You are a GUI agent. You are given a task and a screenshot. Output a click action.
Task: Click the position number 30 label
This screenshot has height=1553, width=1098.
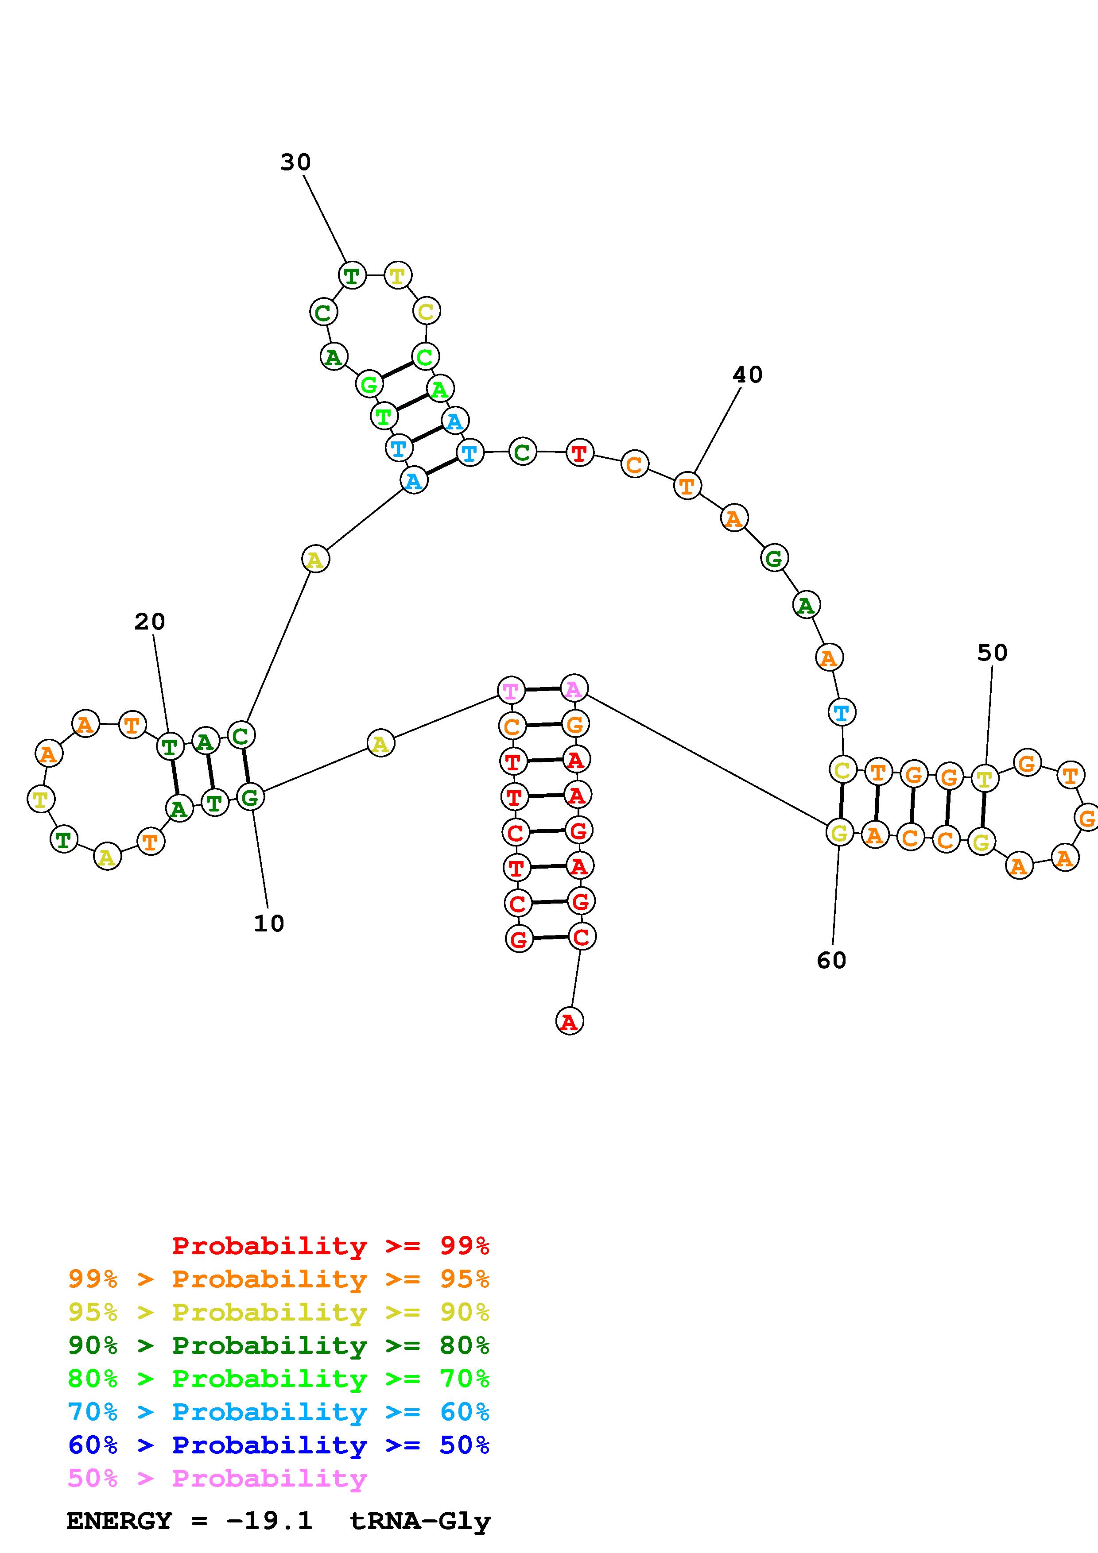coord(295,162)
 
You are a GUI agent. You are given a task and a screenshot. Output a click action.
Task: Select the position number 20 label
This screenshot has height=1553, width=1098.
coord(150,622)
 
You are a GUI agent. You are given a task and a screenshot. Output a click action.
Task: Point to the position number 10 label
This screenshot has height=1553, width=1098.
coord(268,923)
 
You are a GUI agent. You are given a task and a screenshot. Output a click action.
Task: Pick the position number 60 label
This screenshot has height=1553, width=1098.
coord(831,961)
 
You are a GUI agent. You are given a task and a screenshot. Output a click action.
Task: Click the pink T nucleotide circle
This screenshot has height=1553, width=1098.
coord(511,691)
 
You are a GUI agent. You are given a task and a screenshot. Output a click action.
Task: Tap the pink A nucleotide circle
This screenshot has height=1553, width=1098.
coord(574,688)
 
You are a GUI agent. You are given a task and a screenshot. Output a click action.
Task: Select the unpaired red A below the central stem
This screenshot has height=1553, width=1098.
coord(569,1021)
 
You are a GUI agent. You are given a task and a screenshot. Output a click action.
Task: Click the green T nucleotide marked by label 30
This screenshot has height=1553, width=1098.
coord(352,275)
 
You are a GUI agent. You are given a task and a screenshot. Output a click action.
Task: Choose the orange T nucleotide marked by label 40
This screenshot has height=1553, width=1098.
coord(687,486)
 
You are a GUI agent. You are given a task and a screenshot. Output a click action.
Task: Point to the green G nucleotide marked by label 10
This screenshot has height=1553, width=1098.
coord(250,797)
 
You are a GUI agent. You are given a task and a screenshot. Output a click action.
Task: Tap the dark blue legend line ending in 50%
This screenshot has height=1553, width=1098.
coord(279,1445)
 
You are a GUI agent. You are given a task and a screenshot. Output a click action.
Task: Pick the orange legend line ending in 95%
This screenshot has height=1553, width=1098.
coord(279,1279)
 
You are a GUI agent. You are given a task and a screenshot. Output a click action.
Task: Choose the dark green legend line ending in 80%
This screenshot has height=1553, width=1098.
coord(279,1345)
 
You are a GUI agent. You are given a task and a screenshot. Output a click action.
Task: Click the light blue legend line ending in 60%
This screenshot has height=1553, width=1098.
coord(279,1412)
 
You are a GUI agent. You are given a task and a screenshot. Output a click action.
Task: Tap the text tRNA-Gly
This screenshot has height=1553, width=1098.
coord(420,1521)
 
